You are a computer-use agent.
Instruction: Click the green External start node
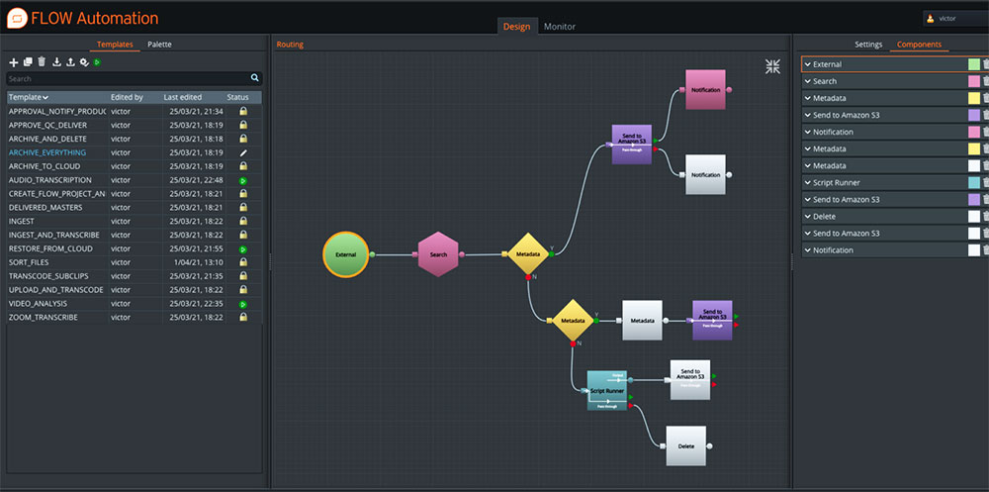click(345, 254)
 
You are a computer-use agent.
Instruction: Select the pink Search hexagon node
click(438, 254)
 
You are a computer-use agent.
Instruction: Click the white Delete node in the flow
click(685, 445)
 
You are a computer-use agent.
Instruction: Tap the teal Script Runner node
click(607, 391)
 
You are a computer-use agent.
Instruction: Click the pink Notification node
click(705, 90)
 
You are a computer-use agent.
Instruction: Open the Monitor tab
click(559, 27)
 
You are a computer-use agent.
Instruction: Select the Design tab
click(516, 27)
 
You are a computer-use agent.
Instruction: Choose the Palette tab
click(160, 45)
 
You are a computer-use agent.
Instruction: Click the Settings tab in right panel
click(868, 45)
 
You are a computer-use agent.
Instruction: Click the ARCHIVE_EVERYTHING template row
click(47, 152)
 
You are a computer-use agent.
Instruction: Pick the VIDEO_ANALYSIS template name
click(43, 303)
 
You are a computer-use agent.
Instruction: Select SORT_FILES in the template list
click(29, 262)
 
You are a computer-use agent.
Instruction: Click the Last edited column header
click(184, 97)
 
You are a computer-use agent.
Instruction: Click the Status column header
click(238, 97)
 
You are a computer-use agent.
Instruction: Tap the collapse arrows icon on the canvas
click(772, 66)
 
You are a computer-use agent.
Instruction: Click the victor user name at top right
click(946, 18)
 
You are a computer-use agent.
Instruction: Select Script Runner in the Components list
click(837, 182)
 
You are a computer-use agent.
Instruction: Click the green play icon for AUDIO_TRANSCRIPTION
click(242, 180)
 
